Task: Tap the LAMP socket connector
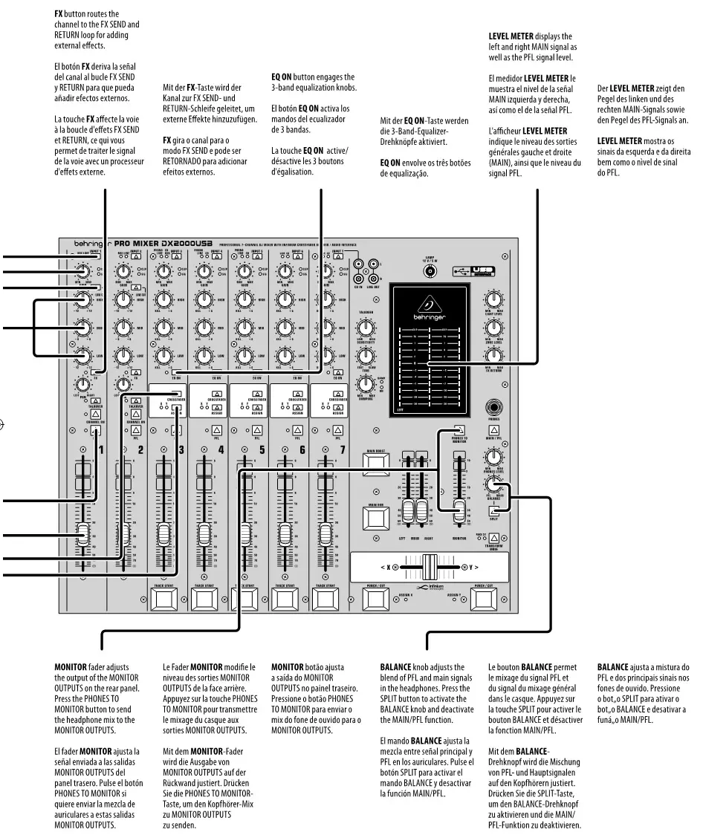pos(429,272)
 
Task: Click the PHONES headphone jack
pos(493,408)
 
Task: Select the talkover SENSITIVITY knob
pos(364,328)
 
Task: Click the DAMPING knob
pos(364,383)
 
